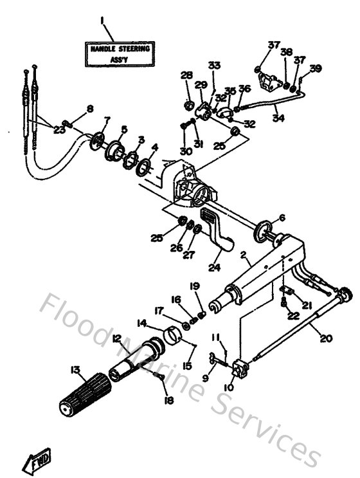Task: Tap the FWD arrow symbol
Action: (38, 459)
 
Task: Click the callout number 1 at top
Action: (102, 22)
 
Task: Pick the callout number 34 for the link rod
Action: (277, 118)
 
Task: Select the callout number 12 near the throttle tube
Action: (116, 338)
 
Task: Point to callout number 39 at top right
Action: (314, 68)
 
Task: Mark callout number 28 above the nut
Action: (186, 76)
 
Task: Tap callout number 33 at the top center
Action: (214, 65)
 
